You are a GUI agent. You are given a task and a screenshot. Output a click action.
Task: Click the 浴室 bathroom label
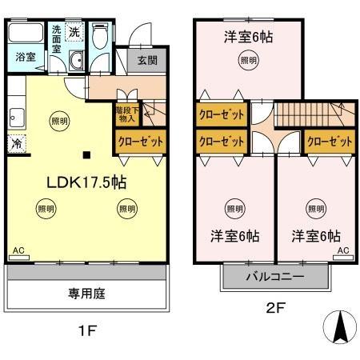click(x=24, y=58)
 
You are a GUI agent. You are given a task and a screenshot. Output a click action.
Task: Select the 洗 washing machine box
click(x=74, y=33)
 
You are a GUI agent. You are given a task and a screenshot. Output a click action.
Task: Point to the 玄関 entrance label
click(x=147, y=61)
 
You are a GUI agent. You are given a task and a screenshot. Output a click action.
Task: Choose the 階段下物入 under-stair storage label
click(x=126, y=115)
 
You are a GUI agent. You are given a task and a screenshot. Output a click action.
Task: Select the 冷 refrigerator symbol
click(x=17, y=144)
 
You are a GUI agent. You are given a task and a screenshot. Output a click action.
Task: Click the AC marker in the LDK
click(x=19, y=250)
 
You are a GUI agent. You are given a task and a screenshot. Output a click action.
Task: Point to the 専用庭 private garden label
click(x=87, y=294)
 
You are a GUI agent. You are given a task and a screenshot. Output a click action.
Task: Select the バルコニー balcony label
click(x=274, y=279)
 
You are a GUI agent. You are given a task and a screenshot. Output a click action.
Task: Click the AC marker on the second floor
click(x=343, y=250)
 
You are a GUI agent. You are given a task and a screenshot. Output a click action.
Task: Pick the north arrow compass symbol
click(x=338, y=326)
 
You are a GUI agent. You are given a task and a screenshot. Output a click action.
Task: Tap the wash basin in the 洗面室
click(x=75, y=62)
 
